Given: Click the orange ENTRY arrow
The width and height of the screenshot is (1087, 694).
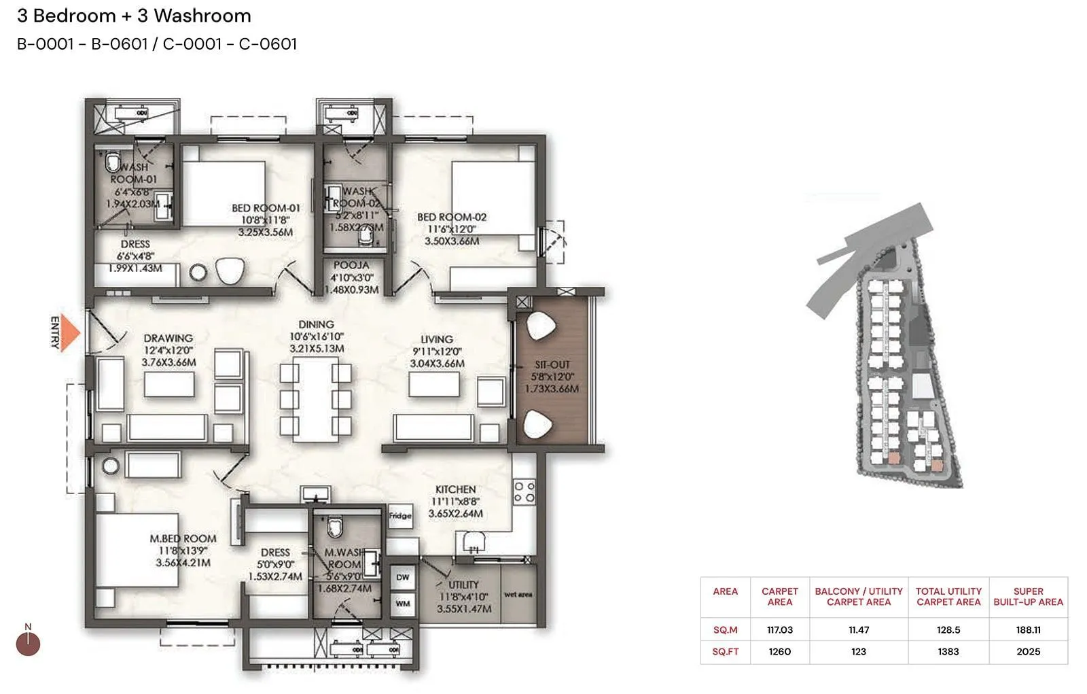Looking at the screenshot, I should [x=70, y=333].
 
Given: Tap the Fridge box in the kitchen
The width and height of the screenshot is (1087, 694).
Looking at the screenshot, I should [x=400, y=516].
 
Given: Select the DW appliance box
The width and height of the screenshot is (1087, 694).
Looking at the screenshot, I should [x=403, y=577].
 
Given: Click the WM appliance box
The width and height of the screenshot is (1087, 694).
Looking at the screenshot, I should [x=403, y=603].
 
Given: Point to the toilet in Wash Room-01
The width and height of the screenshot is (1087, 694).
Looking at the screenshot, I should [x=112, y=163].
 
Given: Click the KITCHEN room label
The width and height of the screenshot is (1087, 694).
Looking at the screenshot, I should [x=455, y=489].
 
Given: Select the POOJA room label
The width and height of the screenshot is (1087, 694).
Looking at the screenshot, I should [x=351, y=265].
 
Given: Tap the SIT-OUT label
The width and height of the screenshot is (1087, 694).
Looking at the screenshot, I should [x=552, y=365].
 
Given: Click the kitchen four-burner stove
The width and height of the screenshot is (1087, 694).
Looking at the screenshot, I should [x=524, y=492].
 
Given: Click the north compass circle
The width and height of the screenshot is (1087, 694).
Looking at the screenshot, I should [x=28, y=643].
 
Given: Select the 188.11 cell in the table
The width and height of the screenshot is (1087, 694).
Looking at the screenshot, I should [x=1028, y=630].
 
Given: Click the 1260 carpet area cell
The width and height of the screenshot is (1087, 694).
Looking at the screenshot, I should [x=779, y=652].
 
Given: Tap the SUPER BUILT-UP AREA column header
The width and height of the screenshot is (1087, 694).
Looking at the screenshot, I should [x=1028, y=597].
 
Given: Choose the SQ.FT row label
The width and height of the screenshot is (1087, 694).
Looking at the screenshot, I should [x=725, y=652].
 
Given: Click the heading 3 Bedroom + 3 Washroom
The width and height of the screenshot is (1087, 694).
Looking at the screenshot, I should [x=134, y=16].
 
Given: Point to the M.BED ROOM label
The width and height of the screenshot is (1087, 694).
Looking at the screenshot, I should [x=183, y=538].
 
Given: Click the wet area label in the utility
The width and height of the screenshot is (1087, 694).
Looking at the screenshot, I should [x=518, y=595].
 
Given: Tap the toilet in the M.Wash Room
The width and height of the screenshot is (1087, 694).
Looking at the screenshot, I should [x=334, y=527].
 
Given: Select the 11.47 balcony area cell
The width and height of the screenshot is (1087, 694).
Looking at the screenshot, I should [x=858, y=630].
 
